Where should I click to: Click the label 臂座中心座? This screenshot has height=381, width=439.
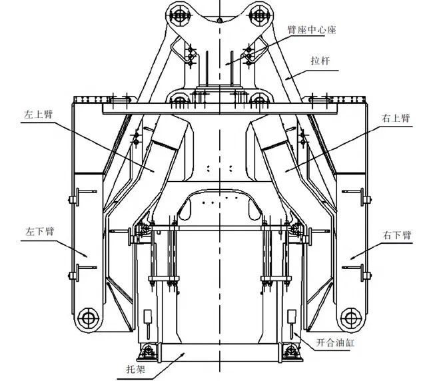coord(312,29)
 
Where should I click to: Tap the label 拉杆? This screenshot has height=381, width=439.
coord(320,61)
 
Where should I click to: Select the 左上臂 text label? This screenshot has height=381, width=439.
coord(39,114)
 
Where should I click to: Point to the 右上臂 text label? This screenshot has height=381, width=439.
coord(396,118)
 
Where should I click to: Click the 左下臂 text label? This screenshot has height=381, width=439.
coord(39,232)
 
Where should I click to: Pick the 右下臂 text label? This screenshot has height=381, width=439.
coord(397,235)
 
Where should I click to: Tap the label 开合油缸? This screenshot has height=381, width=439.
coord(335,342)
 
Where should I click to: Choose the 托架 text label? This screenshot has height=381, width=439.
coord(136,370)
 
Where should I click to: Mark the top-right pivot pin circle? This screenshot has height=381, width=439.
coord(259,15)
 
